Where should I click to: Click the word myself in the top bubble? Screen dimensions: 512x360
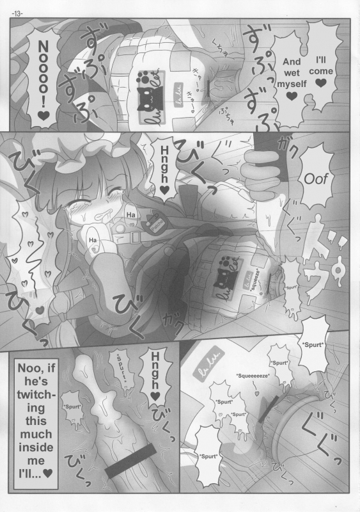(x=291, y=83)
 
